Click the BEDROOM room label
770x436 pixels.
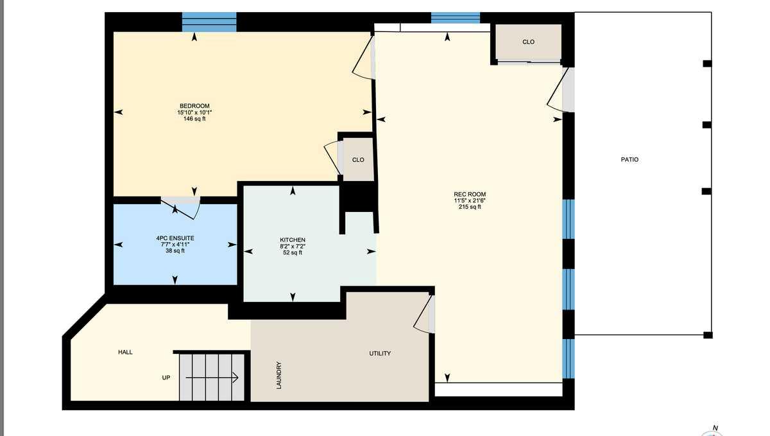(x=194, y=106)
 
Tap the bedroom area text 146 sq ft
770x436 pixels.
(x=194, y=119)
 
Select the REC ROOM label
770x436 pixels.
(x=470, y=195)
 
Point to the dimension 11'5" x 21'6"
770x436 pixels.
(x=470, y=201)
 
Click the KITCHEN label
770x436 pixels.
(x=293, y=240)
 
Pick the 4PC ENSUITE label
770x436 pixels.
(x=175, y=238)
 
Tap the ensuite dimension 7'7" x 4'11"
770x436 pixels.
(x=175, y=245)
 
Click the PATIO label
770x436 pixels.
(x=629, y=160)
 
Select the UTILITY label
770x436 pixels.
(x=380, y=353)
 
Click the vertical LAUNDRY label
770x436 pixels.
(x=279, y=375)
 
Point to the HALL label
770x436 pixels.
(x=126, y=353)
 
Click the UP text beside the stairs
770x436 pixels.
(x=166, y=378)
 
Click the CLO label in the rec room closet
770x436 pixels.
(x=528, y=42)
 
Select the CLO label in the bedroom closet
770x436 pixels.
(x=358, y=160)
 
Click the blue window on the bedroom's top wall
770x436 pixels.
(x=209, y=22)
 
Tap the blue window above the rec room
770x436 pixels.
(x=456, y=18)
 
